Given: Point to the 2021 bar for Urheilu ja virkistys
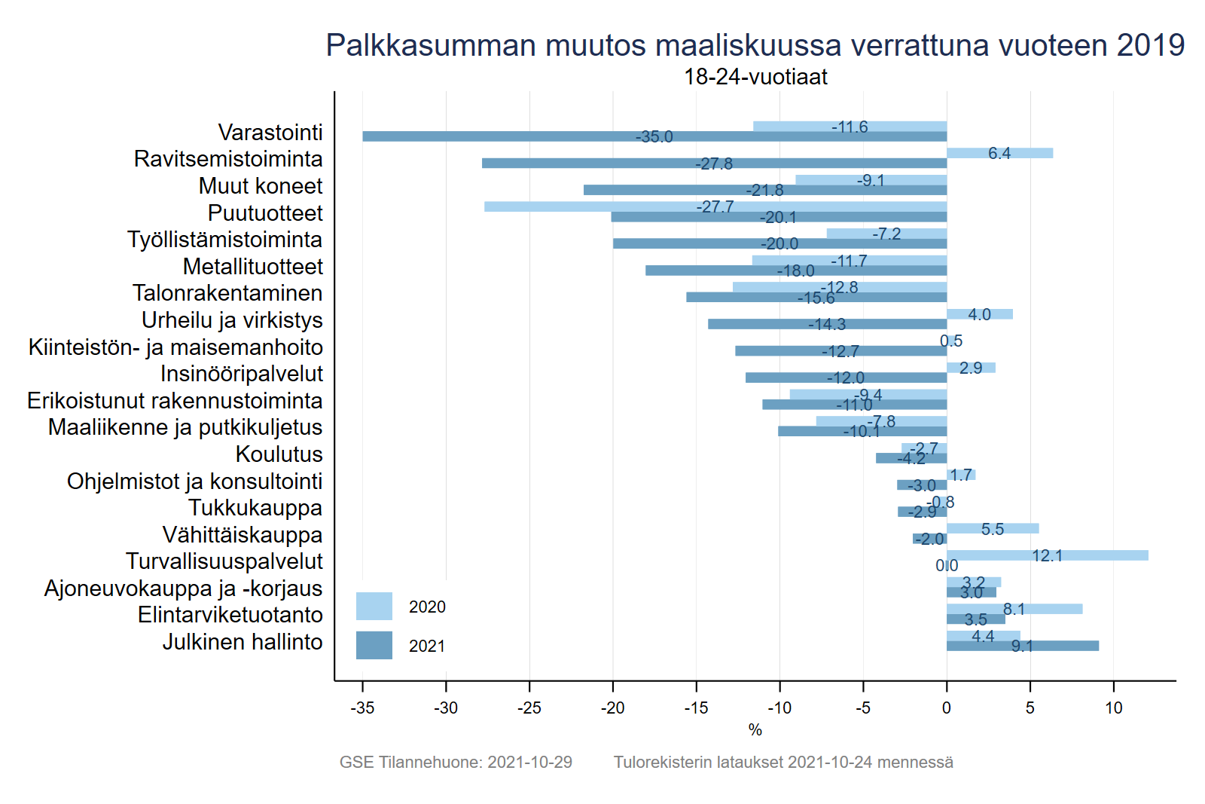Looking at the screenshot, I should click(x=753, y=324).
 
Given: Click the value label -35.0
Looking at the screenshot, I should click(x=654, y=137).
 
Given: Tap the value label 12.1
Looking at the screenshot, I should click(x=1047, y=556).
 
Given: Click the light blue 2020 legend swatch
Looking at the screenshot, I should click(x=374, y=606).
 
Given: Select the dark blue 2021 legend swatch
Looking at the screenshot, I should click(x=374, y=645).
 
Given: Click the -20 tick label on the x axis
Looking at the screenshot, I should click(x=612, y=708).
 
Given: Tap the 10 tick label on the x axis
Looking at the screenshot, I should click(x=1113, y=708).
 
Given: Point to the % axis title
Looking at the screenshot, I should click(x=755, y=730).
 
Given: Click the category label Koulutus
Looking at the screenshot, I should click(x=279, y=454).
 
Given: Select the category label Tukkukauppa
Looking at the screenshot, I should click(x=255, y=508).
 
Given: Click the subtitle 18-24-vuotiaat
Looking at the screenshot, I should click(x=755, y=77).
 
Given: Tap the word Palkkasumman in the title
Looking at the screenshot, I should click(x=432, y=45).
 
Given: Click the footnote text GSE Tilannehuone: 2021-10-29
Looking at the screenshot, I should click(x=456, y=762).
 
